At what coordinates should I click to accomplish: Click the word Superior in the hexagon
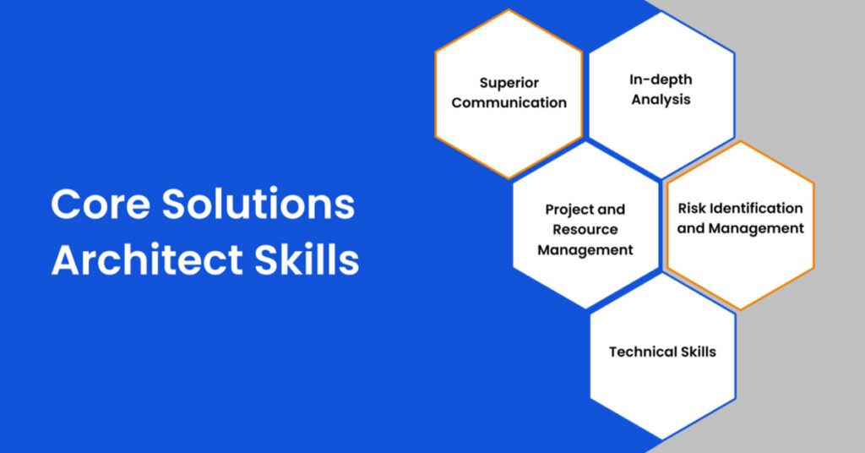pyautogui.click(x=509, y=83)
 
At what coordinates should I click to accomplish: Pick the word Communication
pyautogui.click(x=509, y=103)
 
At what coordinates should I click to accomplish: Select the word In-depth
pyautogui.click(x=661, y=79)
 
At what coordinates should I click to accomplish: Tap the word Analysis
pyautogui.click(x=661, y=100)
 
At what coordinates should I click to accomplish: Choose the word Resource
pyautogui.click(x=585, y=230)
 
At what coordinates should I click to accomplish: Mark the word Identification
pyautogui.click(x=757, y=208)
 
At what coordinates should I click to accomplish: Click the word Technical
pyautogui.click(x=643, y=352)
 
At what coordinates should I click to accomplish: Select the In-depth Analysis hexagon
pyautogui.click(x=661, y=127)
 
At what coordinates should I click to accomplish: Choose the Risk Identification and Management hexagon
pyautogui.click(x=740, y=262)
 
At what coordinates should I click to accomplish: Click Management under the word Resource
pyautogui.click(x=585, y=250)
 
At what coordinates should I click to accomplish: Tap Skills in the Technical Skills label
pyautogui.click(x=699, y=352)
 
